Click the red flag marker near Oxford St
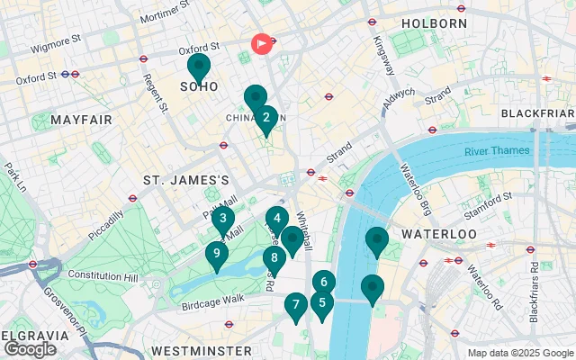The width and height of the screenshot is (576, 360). click(x=262, y=43)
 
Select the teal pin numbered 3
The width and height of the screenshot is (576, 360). click(x=222, y=218)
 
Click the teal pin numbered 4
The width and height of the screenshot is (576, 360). click(x=277, y=218)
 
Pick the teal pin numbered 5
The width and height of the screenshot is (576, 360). click(x=322, y=303)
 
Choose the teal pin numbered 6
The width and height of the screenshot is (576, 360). click(x=324, y=283)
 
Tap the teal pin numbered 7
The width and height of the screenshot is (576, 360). click(x=294, y=305)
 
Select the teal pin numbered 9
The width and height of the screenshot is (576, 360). click(x=216, y=254)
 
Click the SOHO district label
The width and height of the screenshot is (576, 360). click(x=199, y=87)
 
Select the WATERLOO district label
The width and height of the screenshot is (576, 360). click(x=438, y=234)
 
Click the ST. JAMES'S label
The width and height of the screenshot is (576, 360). click(x=186, y=181)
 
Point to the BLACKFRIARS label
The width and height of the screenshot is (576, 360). click(x=536, y=113)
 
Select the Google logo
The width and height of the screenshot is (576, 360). click(x=30, y=349)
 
